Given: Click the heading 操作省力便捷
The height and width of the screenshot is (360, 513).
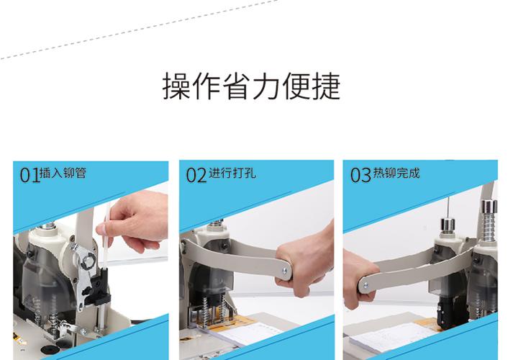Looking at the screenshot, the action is click(251, 86).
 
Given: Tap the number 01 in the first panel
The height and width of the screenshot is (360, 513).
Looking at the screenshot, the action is click(29, 175).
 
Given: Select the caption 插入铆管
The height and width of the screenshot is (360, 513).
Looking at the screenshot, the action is click(63, 173).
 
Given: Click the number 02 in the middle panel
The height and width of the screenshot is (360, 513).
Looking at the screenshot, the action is click(196, 175).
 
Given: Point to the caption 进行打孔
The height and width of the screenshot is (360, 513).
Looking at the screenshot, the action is click(232, 173).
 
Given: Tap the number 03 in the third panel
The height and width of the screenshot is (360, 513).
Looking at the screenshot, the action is click(360, 175).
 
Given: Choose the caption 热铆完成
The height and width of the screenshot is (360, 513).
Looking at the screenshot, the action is click(396, 173).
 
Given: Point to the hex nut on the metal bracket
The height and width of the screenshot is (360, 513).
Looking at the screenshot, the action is click(88, 261).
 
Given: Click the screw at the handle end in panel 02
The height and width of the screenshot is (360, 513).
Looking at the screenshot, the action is click(285, 271).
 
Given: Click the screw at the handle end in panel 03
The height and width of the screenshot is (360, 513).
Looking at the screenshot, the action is click(365, 285).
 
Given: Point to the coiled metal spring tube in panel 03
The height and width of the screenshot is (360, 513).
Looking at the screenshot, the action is click(489, 226).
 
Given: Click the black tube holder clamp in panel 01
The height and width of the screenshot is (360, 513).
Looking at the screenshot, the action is click(99, 284).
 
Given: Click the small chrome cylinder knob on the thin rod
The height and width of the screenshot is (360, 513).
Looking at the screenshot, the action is click(448, 225).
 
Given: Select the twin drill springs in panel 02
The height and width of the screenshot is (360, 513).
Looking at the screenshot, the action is click(214, 312).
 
